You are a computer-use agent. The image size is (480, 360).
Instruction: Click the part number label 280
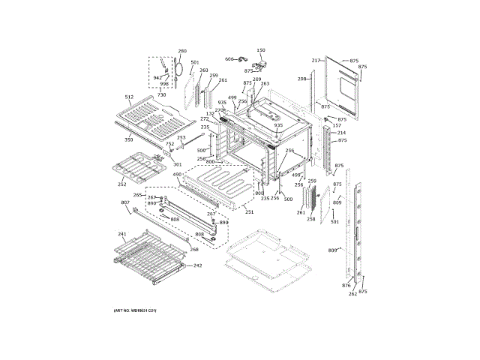(x=181, y=51)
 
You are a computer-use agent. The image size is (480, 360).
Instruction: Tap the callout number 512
(x=128, y=97)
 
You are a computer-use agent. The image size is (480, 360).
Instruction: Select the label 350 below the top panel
(x=128, y=139)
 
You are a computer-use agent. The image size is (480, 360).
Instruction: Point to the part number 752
(x=169, y=144)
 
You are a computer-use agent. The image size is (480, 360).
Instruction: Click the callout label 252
(x=122, y=184)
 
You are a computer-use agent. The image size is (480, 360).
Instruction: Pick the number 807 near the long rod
(x=124, y=203)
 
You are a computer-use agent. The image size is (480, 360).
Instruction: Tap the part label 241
(x=122, y=234)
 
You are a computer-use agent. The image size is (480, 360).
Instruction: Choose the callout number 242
(x=198, y=265)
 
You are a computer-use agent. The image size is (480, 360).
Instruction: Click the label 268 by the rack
(x=193, y=250)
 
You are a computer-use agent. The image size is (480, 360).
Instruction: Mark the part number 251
(x=249, y=212)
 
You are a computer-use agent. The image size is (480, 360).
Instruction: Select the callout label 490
(x=177, y=175)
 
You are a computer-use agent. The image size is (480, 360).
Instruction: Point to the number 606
(x=229, y=58)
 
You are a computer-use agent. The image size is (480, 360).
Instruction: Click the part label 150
(x=261, y=50)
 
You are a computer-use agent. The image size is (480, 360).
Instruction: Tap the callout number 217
(x=316, y=60)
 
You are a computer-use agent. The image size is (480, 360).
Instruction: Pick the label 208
(x=301, y=78)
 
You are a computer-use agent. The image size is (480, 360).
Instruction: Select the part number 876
(x=346, y=286)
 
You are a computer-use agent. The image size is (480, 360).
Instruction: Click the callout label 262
(x=352, y=293)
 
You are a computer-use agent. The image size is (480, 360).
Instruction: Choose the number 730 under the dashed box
(x=162, y=95)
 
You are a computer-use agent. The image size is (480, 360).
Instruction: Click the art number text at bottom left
(x=135, y=310)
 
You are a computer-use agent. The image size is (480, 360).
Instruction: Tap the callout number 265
(x=137, y=196)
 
